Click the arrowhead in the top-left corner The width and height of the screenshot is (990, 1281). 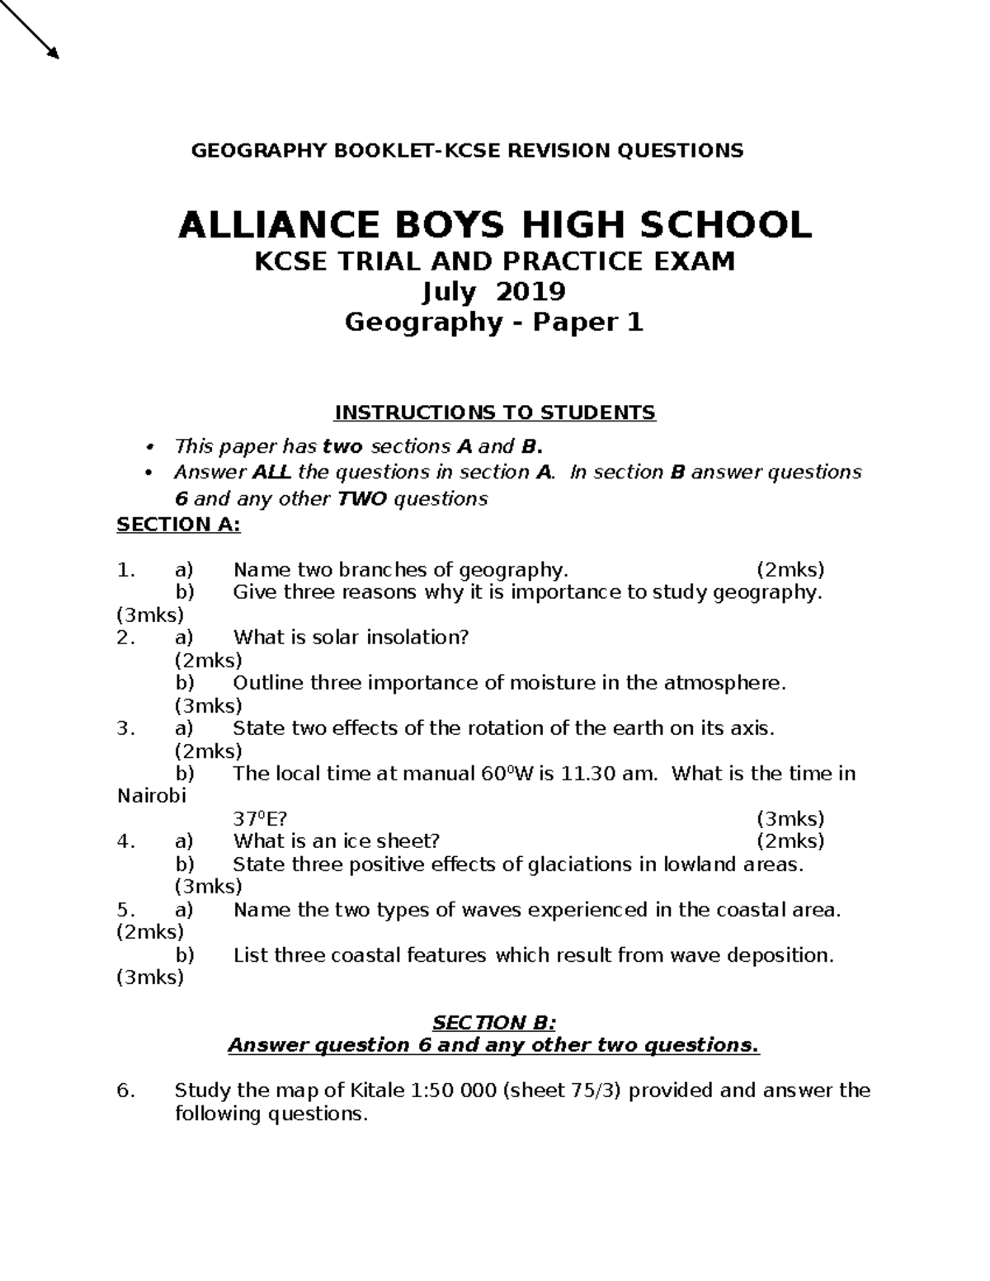(x=54, y=53)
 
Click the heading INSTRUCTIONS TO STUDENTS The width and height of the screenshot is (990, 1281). (x=494, y=412)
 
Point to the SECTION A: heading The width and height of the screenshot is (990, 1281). (x=178, y=525)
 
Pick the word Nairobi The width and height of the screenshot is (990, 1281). (x=153, y=797)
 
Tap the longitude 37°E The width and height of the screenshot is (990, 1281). (x=260, y=819)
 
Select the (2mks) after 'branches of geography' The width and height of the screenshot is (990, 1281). (x=790, y=570)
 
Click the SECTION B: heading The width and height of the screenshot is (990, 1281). (x=495, y=1023)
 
